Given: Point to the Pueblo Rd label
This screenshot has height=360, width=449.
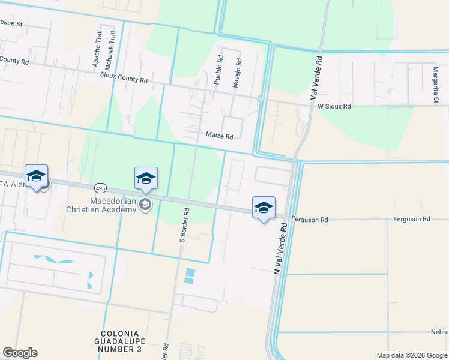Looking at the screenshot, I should [220, 69].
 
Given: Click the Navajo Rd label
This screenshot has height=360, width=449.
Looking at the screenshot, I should [238, 73].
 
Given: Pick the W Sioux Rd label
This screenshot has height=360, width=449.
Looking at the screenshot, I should [334, 106].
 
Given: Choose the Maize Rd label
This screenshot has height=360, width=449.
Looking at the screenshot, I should [219, 136].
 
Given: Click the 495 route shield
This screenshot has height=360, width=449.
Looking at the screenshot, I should [101, 188].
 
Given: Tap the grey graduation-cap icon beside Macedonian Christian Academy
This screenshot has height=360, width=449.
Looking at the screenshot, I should [145, 205].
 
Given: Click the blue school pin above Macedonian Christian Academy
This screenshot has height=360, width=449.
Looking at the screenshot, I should [146, 179].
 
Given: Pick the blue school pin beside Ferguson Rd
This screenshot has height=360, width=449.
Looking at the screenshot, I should [263, 208].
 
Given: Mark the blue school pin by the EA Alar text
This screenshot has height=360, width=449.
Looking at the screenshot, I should [37, 176].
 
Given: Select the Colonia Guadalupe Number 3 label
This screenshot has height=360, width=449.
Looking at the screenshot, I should [121, 341].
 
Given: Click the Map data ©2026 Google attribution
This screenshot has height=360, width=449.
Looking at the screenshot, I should [411, 355].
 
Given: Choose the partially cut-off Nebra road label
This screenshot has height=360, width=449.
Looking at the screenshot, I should [439, 332].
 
